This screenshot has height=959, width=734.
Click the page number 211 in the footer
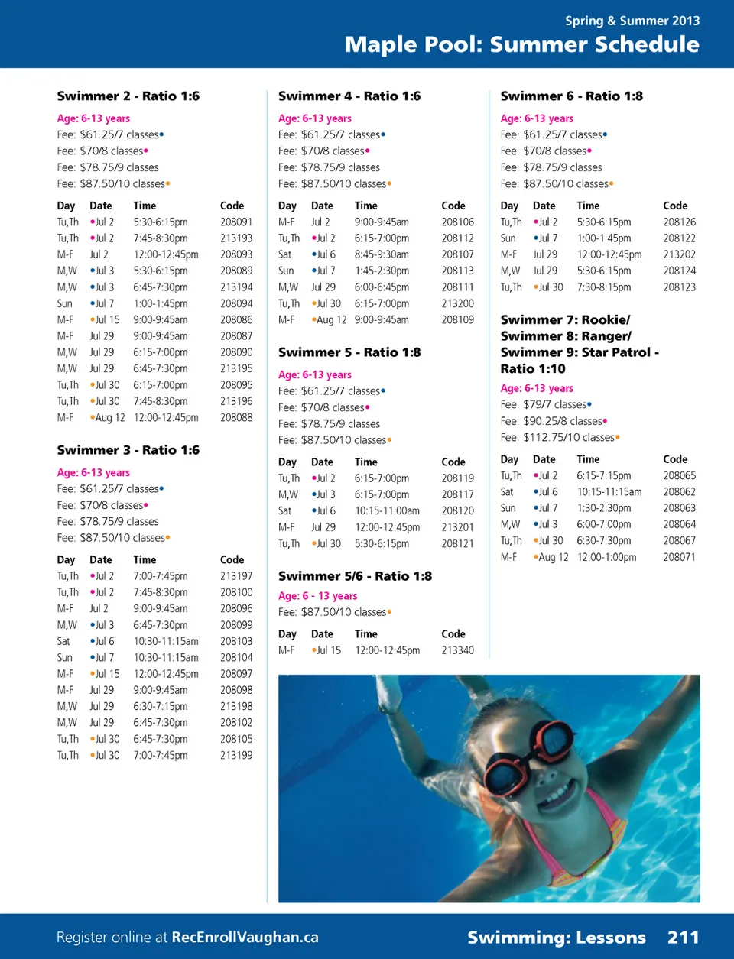683,938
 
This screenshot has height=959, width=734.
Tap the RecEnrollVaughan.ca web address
245,938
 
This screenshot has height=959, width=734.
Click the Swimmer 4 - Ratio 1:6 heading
349,96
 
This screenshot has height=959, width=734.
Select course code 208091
236,222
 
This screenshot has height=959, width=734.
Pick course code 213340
457,650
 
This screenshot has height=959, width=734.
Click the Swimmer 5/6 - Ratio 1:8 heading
355,576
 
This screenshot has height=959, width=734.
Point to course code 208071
679,557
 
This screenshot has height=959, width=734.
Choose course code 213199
236,755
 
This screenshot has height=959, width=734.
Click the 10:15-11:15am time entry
609,492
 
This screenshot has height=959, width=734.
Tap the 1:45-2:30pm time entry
382,271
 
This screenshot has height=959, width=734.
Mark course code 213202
679,254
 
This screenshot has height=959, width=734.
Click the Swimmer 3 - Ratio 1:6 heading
128,450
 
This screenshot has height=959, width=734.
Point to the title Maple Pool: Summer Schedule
521,44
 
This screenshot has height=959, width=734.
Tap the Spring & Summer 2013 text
632,21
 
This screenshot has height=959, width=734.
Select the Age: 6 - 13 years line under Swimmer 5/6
317,596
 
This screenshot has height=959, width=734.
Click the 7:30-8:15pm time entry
604,287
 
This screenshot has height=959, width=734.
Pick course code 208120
457,510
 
